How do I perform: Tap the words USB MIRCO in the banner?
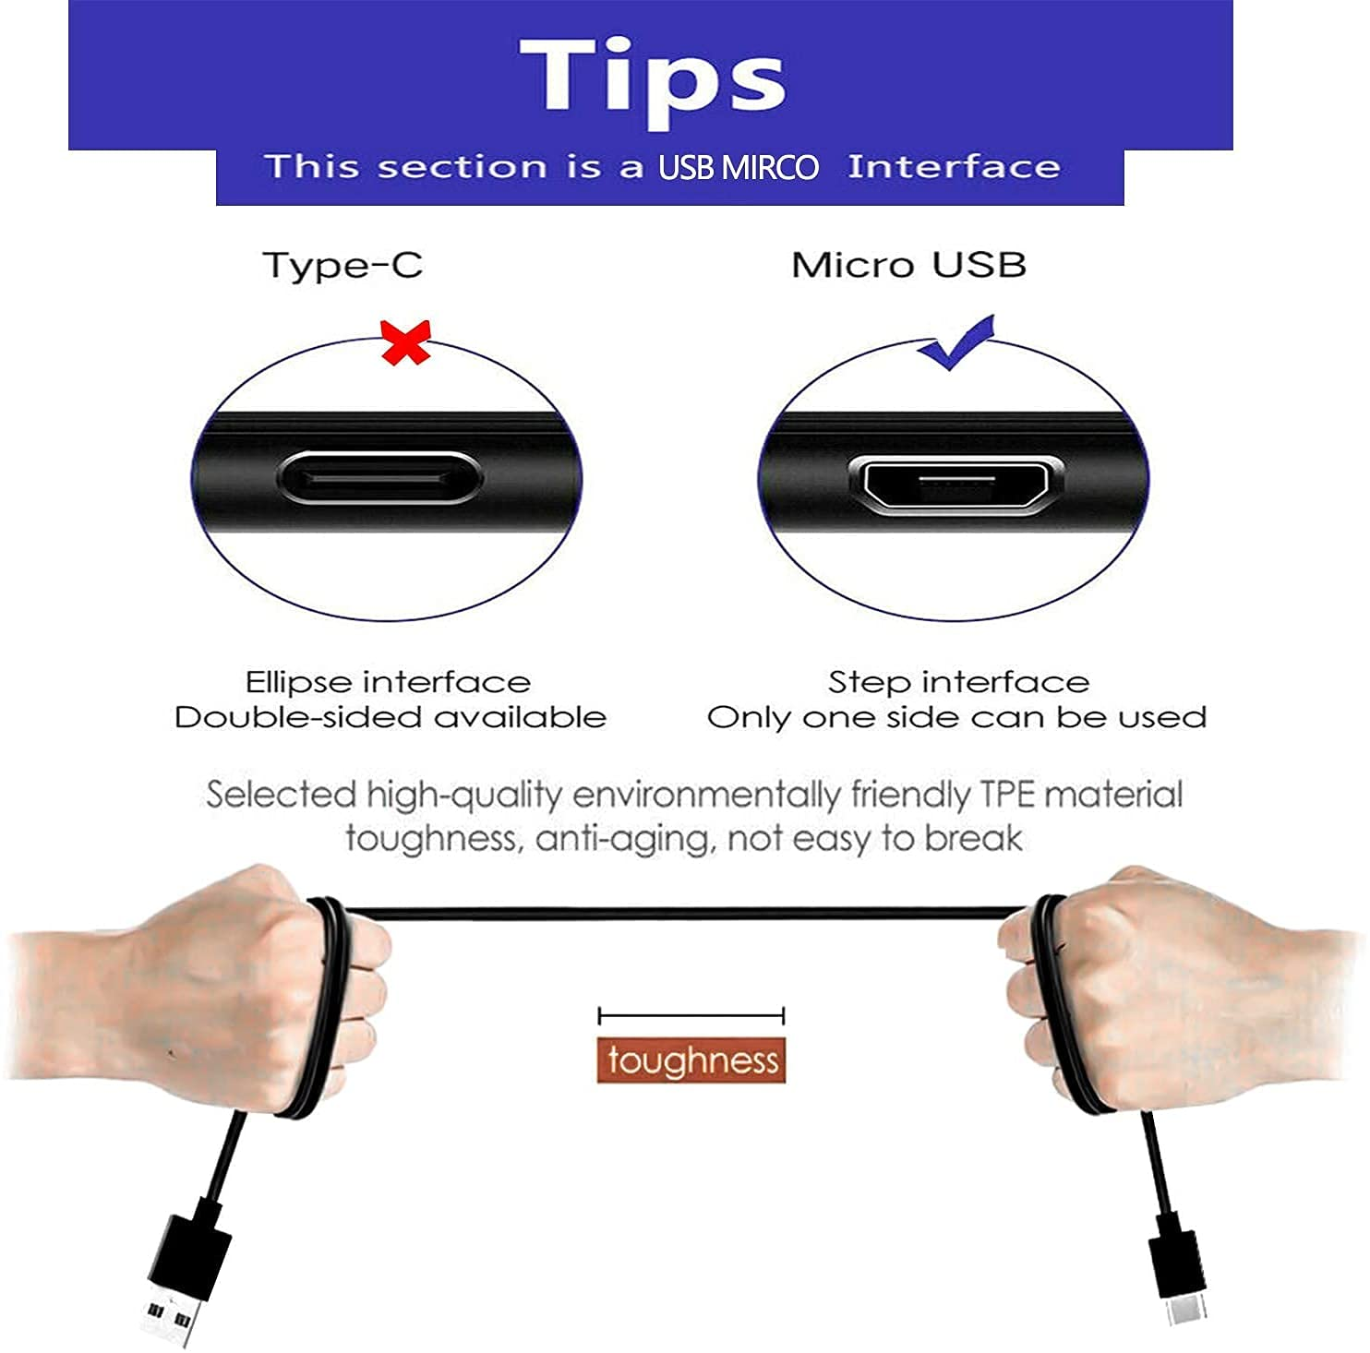point(738,167)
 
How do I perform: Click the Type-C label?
point(342,266)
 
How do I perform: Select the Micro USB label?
point(908,265)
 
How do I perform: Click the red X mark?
point(406,342)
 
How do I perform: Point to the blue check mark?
point(956,342)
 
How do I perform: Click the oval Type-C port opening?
point(379,478)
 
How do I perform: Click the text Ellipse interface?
point(388,682)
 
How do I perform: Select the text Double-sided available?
point(391,717)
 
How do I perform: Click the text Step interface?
point(958,682)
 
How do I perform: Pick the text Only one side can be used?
point(956,717)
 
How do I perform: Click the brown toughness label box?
point(691,1060)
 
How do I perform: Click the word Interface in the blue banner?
point(954,167)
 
